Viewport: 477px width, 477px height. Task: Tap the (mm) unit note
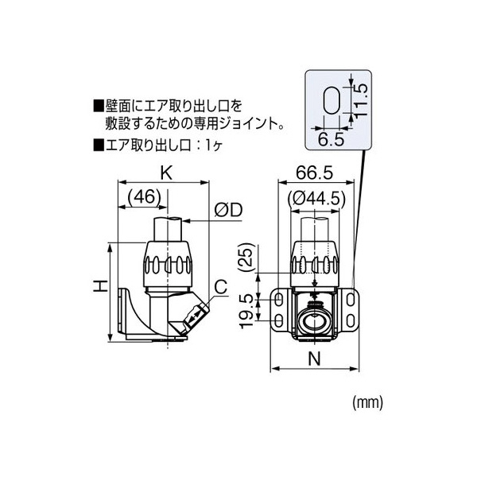click(366, 403)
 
